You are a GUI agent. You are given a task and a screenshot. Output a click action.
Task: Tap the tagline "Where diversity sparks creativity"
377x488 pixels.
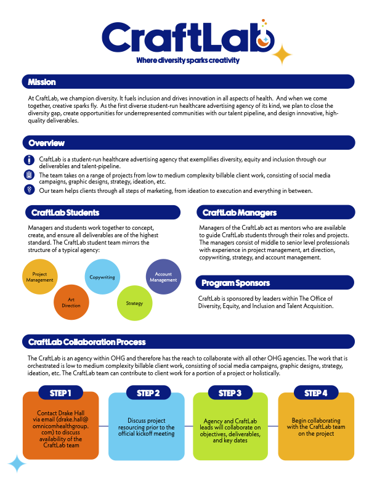[188, 61]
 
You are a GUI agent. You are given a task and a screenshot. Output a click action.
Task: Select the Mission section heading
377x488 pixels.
[41, 82]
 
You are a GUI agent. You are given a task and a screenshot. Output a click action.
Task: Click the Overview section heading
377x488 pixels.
[46, 143]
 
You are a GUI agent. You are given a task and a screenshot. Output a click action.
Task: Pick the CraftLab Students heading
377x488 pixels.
[63, 213]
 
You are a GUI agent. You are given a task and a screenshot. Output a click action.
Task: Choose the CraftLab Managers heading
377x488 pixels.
[239, 213]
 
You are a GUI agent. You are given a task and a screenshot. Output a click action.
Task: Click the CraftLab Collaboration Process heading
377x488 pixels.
[87, 341]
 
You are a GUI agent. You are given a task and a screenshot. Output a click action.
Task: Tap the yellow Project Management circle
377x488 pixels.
[40, 277]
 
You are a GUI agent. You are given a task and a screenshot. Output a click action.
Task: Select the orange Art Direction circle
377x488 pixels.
[70, 301]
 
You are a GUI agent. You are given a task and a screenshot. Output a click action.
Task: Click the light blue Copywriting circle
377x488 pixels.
[102, 277]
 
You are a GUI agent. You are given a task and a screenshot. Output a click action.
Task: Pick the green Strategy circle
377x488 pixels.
[134, 303]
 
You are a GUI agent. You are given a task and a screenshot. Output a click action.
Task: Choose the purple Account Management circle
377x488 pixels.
[163, 277]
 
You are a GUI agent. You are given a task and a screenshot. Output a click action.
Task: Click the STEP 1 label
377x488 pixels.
[61, 392]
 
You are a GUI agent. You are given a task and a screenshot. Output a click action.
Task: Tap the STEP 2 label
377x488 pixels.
[148, 392]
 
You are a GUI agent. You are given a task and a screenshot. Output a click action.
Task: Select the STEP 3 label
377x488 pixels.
[230, 392]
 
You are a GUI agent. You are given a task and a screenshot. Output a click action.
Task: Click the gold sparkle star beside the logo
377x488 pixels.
[283, 55]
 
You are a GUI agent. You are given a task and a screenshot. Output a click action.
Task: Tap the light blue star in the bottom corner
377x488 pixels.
[17, 463]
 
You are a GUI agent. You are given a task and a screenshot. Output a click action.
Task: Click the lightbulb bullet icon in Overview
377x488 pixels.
[29, 190]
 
